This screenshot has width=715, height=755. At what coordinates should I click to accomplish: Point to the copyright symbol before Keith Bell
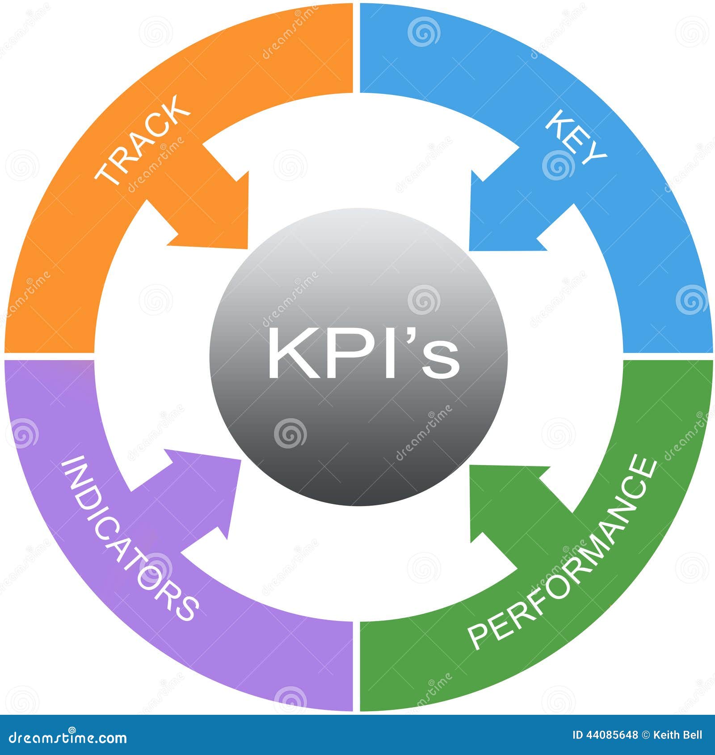646,735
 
